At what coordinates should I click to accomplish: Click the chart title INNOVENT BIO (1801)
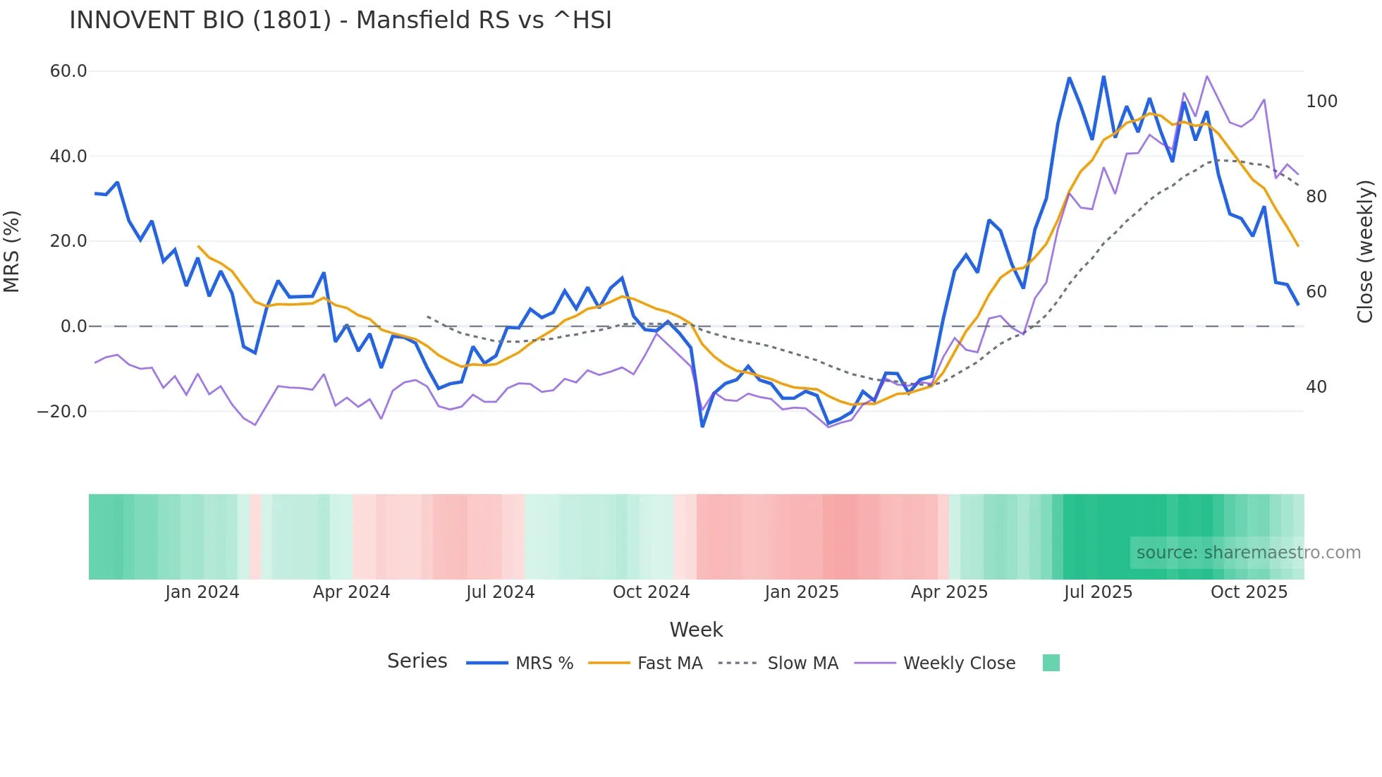[341, 20]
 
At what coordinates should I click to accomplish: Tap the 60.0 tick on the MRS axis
[68, 71]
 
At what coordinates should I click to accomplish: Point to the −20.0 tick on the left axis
[62, 411]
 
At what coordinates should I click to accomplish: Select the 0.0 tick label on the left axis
[73, 326]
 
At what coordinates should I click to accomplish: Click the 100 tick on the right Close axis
[1321, 102]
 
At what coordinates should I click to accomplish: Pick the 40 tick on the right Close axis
[1316, 387]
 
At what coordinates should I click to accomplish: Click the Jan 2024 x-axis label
[202, 592]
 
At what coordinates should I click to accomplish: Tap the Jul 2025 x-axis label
[1098, 592]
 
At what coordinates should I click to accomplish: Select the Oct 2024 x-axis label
[651, 592]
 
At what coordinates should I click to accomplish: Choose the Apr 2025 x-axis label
[949, 592]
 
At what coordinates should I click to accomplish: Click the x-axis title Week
[696, 630]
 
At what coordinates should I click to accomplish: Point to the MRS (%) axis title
[12, 252]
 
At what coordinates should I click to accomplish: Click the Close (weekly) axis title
[1365, 252]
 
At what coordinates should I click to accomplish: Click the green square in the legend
[1051, 663]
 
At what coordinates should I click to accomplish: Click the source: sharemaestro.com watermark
[1248, 553]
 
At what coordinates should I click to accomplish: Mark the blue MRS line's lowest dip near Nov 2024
[702, 426]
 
